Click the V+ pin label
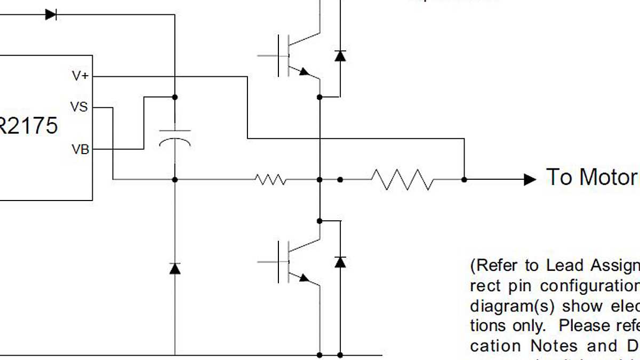pos(80,76)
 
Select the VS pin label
pos(79,107)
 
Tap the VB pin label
pos(80,150)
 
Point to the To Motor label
pos(591,177)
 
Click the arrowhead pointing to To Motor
pos(530,180)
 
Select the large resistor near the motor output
pos(403,180)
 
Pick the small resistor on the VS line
pos(270,180)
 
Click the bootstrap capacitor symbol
pos(175,137)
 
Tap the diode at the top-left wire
pos(51,15)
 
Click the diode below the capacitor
pos(175,268)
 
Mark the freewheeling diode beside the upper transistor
pos(340,55)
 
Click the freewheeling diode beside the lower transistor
pos(340,262)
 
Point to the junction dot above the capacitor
pos(175,97)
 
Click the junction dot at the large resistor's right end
pos(464,180)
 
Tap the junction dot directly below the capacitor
pos(175,180)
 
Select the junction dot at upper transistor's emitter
pos(319,97)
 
